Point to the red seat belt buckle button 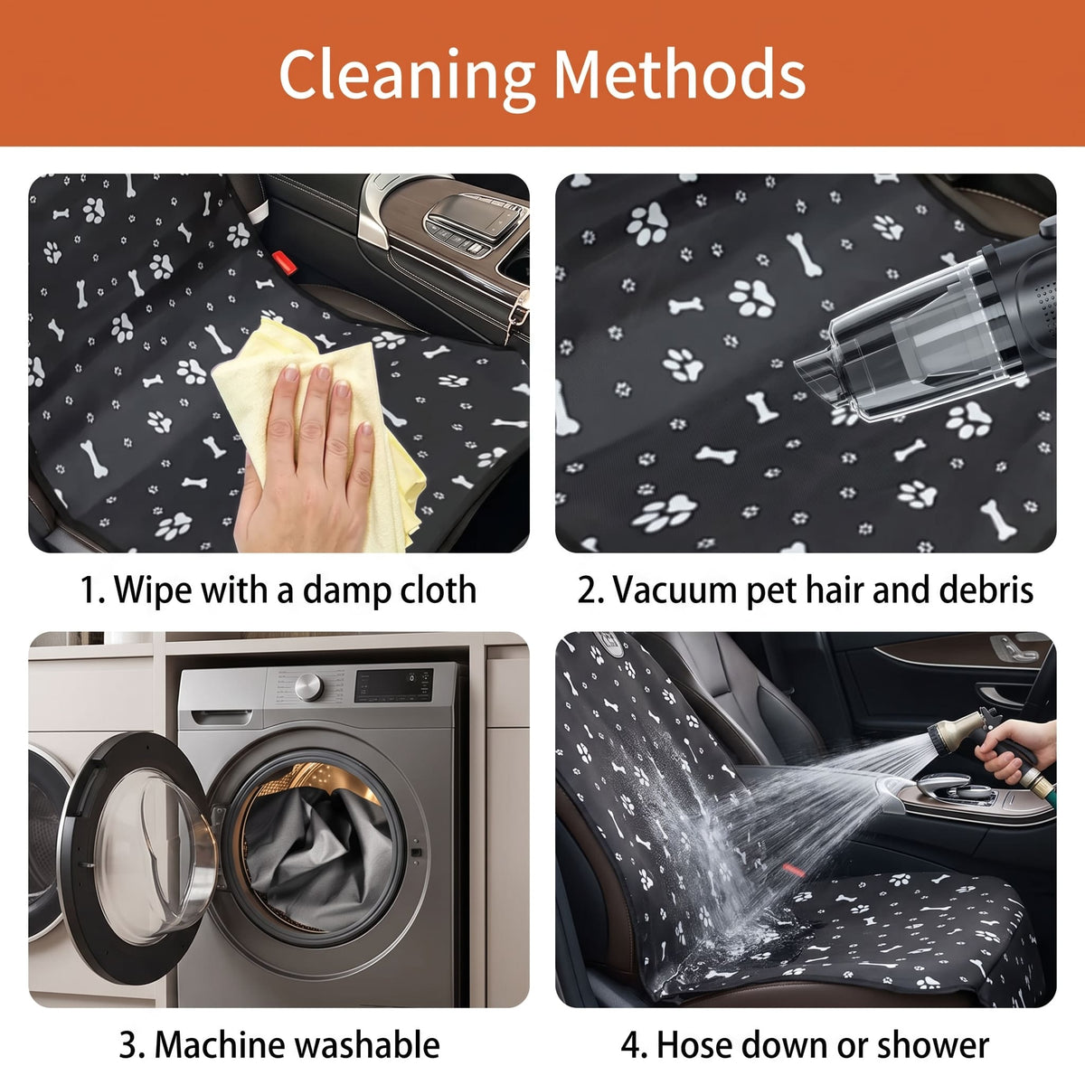pyautogui.click(x=284, y=262)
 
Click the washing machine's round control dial pyautogui.click(x=308, y=687)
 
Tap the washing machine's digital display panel pyautogui.click(x=394, y=684)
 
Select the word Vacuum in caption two pyautogui.click(x=673, y=590)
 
